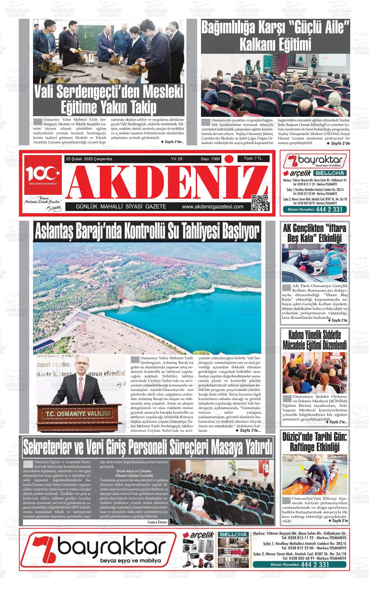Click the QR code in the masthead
(260, 203)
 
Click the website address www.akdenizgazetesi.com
(213, 207)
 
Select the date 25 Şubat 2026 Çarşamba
(89, 159)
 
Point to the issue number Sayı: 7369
(210, 159)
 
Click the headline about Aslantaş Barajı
(147, 231)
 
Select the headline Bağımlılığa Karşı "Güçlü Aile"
(275, 36)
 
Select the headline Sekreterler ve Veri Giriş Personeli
(147, 447)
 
